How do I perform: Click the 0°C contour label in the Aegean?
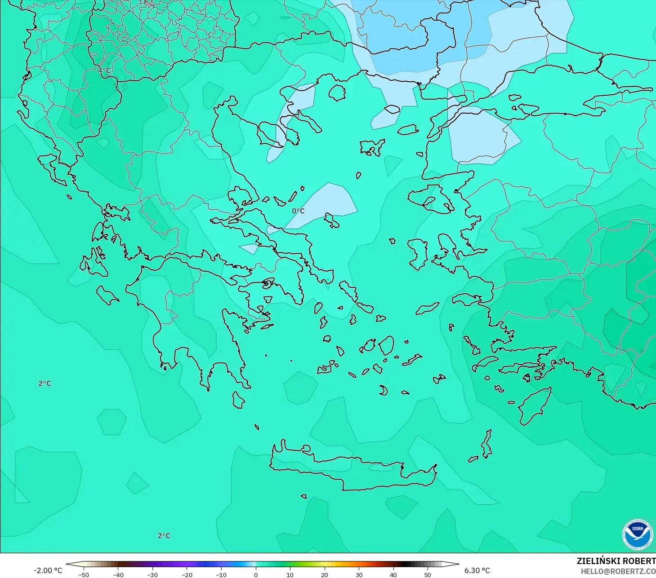tap(298, 211)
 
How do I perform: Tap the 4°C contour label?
tap(104, 71)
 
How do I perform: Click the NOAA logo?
tap(637, 534)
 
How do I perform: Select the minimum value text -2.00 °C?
tap(48, 570)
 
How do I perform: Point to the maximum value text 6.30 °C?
tap(477, 570)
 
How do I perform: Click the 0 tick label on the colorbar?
tap(255, 575)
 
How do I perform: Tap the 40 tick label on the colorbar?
tap(393, 575)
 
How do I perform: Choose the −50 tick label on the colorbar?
tap(83, 575)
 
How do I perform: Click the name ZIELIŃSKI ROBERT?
tap(616, 561)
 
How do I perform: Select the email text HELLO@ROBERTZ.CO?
tap(618, 571)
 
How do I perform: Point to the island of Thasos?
tap(337, 93)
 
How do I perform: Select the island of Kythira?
tap(238, 400)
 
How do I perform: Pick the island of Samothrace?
tap(392, 109)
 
